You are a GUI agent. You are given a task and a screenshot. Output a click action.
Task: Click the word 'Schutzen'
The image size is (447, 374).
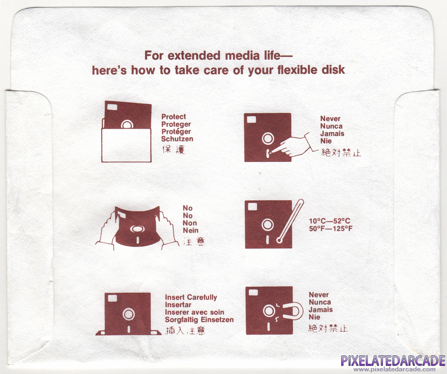[x=177, y=139]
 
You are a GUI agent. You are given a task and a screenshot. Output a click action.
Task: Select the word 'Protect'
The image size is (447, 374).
[x=174, y=116]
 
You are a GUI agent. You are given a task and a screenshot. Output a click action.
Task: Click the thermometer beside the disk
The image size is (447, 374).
[x=291, y=221]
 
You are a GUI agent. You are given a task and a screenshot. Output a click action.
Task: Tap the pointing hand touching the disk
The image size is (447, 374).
[x=293, y=145]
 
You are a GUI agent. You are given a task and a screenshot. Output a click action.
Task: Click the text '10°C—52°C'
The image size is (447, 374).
[x=329, y=221]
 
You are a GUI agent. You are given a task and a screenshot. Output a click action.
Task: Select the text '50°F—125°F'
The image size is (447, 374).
[x=330, y=229]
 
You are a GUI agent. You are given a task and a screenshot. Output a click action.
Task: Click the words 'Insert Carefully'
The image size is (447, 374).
[x=191, y=298]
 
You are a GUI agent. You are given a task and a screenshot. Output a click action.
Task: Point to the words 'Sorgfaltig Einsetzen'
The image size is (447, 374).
[x=199, y=320]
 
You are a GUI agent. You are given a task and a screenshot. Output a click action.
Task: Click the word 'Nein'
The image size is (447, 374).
[x=190, y=230]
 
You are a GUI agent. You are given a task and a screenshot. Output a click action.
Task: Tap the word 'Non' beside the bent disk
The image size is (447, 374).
[x=190, y=223]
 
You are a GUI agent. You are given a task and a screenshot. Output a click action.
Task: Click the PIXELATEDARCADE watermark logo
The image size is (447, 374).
[x=393, y=361]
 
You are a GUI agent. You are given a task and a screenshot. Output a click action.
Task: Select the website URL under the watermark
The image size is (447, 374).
[x=394, y=369]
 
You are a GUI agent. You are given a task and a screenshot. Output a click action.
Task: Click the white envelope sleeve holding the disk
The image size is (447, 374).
[x=126, y=145]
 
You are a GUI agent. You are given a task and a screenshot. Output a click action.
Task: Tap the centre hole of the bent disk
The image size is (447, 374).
[x=137, y=229]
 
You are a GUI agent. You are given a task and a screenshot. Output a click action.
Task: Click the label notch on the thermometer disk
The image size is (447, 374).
[x=252, y=207]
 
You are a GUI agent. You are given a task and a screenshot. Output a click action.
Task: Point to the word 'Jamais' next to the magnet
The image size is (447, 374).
[x=321, y=310]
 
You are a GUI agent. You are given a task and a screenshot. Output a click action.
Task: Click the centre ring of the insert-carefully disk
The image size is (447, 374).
[x=128, y=314]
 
